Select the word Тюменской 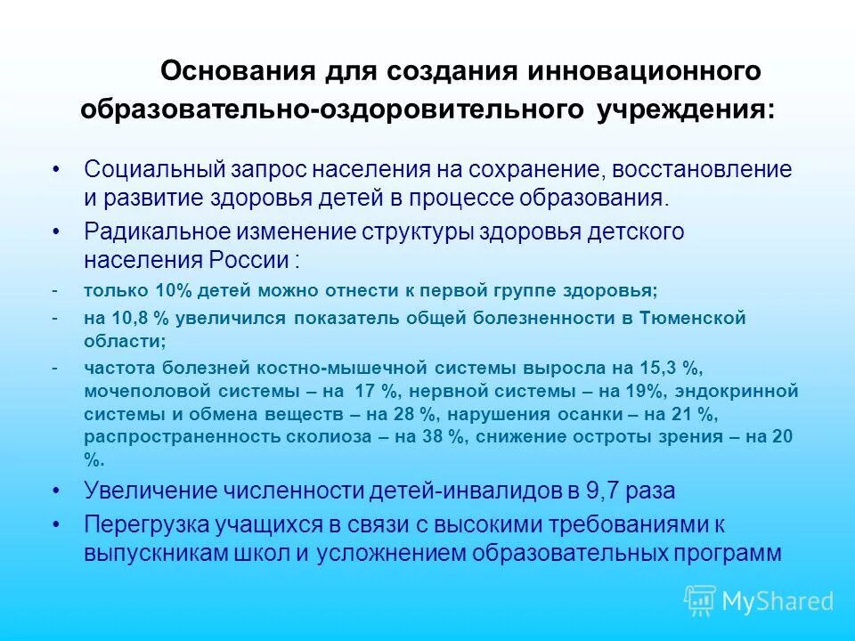tap(692, 318)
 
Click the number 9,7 tap(607, 491)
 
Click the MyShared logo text tap(778, 602)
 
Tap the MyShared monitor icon tap(700, 601)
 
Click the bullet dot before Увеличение tap(58, 491)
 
